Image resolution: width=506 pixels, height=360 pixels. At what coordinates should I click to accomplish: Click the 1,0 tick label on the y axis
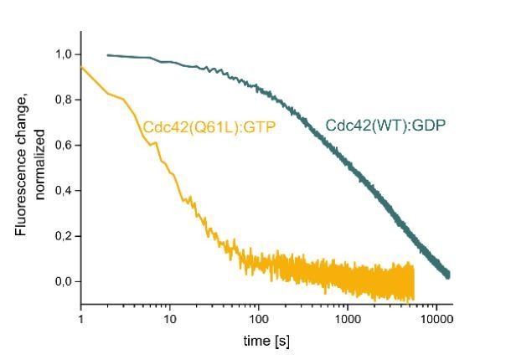click(63, 55)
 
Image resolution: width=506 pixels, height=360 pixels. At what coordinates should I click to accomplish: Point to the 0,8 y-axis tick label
click(63, 100)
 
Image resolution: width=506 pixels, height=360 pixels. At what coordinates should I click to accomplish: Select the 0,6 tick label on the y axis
click(63, 146)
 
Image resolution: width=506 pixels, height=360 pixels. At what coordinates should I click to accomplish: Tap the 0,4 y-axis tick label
click(63, 191)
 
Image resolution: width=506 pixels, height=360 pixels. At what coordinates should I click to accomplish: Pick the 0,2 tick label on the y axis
click(63, 236)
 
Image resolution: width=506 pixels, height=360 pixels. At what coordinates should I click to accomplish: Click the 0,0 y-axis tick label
click(63, 281)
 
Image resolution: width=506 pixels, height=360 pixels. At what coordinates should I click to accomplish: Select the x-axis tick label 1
click(80, 319)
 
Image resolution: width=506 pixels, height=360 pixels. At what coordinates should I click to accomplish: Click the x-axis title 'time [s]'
click(266, 341)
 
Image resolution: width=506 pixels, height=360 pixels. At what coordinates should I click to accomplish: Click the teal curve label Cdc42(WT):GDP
click(386, 126)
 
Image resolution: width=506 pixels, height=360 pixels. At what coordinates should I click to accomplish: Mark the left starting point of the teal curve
click(108, 55)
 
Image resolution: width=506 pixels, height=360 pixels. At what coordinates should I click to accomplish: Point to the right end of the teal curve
click(450, 275)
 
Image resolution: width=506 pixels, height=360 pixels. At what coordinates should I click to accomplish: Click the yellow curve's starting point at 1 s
click(81, 67)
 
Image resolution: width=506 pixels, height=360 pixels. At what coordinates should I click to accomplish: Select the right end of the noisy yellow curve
click(413, 285)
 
